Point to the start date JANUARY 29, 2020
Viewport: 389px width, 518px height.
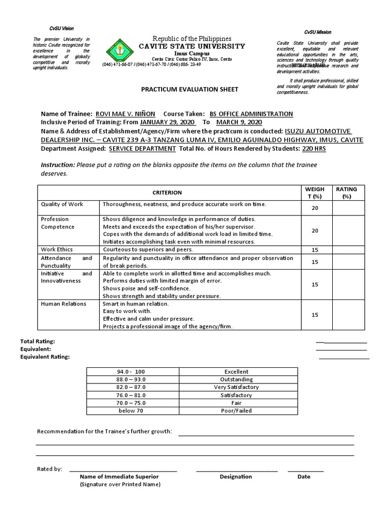(x=167, y=122)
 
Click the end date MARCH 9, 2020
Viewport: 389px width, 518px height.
(x=238, y=122)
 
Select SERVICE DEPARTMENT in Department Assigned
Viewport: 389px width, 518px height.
(x=142, y=148)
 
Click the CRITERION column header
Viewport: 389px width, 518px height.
(x=168, y=193)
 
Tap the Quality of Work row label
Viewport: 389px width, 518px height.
(x=62, y=204)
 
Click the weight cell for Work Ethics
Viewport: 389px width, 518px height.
(x=315, y=250)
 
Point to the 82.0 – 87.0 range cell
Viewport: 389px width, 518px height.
(x=131, y=387)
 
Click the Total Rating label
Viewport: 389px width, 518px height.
(x=37, y=341)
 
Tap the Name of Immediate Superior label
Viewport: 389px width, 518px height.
(x=119, y=477)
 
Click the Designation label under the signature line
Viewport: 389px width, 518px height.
(x=236, y=477)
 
